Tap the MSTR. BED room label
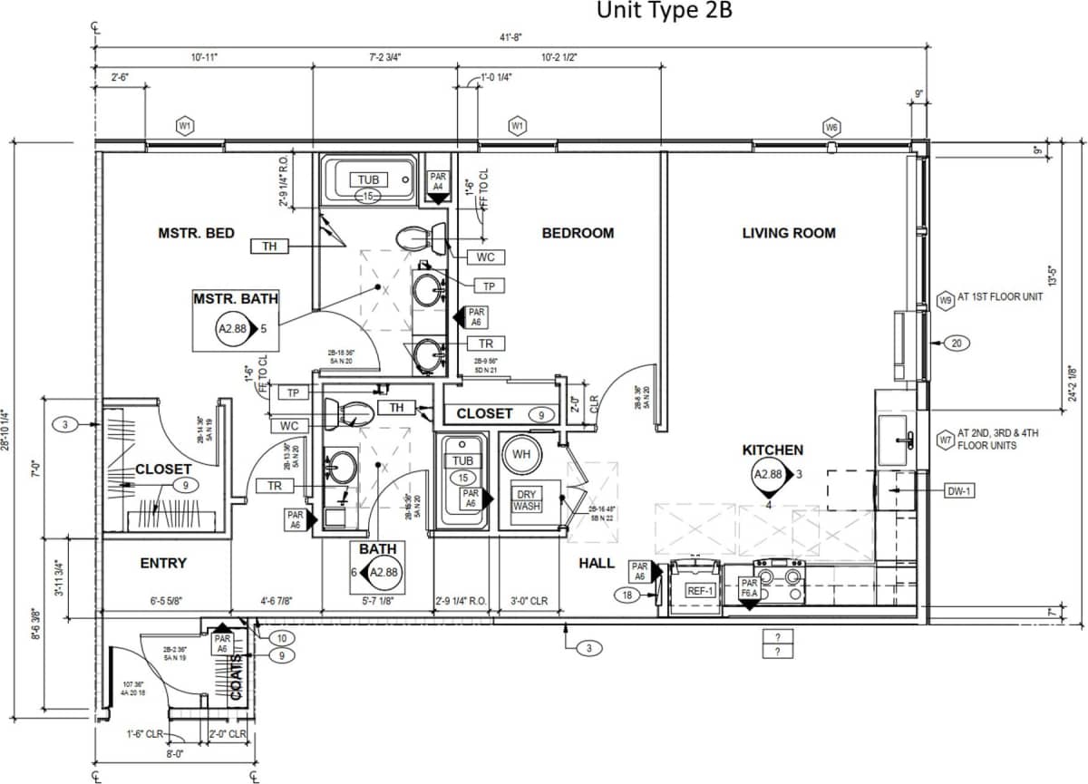(x=196, y=233)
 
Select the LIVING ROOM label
(x=789, y=233)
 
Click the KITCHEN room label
(x=772, y=450)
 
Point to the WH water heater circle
(x=521, y=453)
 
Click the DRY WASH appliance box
(x=527, y=500)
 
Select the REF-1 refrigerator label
(x=700, y=589)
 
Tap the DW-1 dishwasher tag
(x=959, y=490)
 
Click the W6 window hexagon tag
(x=831, y=127)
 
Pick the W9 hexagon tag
(x=945, y=298)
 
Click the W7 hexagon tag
(x=945, y=440)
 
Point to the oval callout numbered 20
(x=957, y=343)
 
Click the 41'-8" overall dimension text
(x=510, y=37)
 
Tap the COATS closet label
(x=235, y=675)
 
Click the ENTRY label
(x=163, y=563)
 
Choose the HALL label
(x=597, y=563)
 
